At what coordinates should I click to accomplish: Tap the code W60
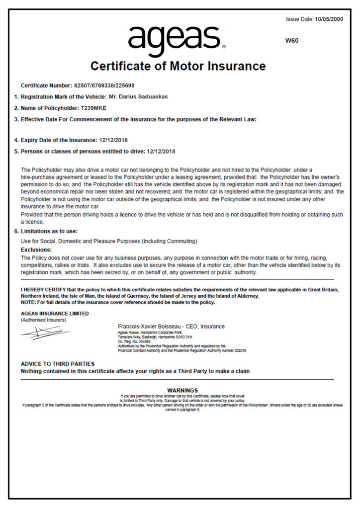[x=292, y=41]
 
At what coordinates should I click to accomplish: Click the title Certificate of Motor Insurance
[x=178, y=66]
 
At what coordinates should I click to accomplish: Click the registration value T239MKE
[x=93, y=108]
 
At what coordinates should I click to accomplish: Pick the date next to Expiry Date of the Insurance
[x=113, y=140]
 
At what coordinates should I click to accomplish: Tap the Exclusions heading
[x=37, y=250]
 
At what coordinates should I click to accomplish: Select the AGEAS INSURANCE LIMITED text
[x=55, y=314]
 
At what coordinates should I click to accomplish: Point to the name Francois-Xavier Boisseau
[x=149, y=327]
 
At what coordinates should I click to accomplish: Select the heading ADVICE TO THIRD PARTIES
[x=58, y=364]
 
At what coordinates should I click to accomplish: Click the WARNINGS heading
[x=182, y=390]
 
